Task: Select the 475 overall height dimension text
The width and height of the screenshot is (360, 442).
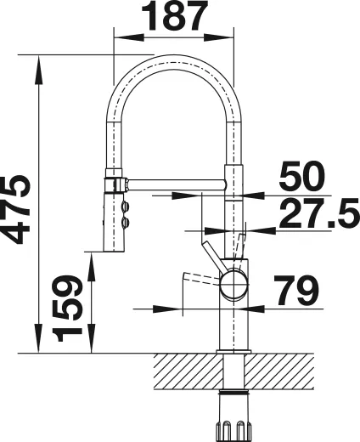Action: point(16,209)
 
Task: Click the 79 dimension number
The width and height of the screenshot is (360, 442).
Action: point(291,290)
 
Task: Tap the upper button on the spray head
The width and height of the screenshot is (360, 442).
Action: point(127,207)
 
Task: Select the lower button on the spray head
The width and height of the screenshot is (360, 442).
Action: point(127,224)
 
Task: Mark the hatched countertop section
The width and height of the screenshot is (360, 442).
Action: point(187,371)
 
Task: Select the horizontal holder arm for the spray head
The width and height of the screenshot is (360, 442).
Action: point(174,181)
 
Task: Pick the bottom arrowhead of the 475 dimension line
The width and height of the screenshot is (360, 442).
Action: point(39,345)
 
